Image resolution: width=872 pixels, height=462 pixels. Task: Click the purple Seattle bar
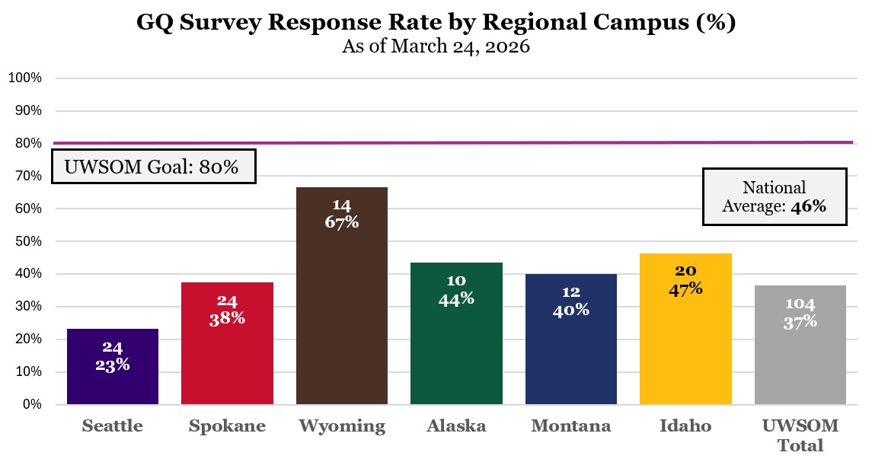tap(113, 367)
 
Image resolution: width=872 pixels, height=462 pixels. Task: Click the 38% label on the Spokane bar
tap(227, 318)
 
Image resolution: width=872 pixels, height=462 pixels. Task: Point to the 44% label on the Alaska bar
tap(456, 299)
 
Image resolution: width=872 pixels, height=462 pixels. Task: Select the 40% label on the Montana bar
tap(570, 310)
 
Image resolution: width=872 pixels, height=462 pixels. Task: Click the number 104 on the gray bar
tap(800, 304)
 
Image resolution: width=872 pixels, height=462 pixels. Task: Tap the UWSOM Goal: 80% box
tap(153, 167)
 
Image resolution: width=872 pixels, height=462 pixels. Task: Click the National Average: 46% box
tap(774, 196)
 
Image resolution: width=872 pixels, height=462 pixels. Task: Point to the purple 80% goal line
tap(457, 142)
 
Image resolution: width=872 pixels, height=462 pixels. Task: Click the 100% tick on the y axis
tap(25, 78)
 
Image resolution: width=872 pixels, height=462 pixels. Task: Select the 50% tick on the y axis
tap(27, 241)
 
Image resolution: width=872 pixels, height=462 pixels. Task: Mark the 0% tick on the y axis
tap(31, 404)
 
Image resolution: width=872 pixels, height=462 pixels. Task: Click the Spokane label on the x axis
tap(227, 426)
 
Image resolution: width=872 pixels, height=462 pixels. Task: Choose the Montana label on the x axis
tap(570, 426)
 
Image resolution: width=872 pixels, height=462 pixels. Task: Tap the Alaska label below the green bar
tap(456, 426)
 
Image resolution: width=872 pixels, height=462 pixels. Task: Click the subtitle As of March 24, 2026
tap(436, 46)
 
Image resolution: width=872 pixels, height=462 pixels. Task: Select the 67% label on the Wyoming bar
tap(341, 222)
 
